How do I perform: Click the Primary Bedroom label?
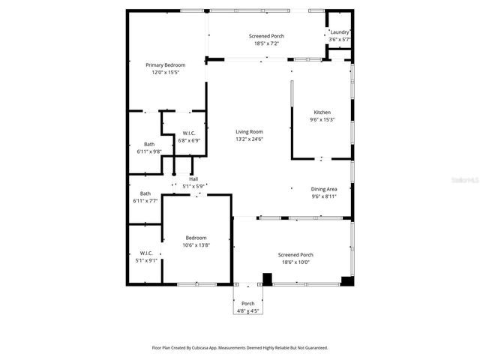pyautogui.click(x=165, y=65)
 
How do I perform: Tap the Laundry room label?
pyautogui.click(x=339, y=32)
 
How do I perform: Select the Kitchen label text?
pyautogui.click(x=322, y=112)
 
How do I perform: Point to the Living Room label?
pyautogui.click(x=249, y=132)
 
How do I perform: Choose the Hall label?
pyautogui.click(x=193, y=178)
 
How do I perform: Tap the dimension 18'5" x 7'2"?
pyautogui.click(x=264, y=43)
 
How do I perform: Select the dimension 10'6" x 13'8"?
pyautogui.click(x=196, y=244)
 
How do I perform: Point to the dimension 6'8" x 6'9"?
pyautogui.click(x=188, y=139)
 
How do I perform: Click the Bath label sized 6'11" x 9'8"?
pyautogui.click(x=149, y=144)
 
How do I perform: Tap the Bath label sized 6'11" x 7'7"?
pyautogui.click(x=145, y=193)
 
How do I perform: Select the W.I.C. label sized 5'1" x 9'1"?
pyautogui.click(x=146, y=253)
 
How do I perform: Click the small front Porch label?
pyautogui.click(x=247, y=303)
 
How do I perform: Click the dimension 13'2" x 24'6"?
pyautogui.click(x=249, y=139)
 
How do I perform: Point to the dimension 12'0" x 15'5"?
pyautogui.click(x=165, y=72)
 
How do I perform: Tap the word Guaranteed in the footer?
pyautogui.click(x=313, y=348)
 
